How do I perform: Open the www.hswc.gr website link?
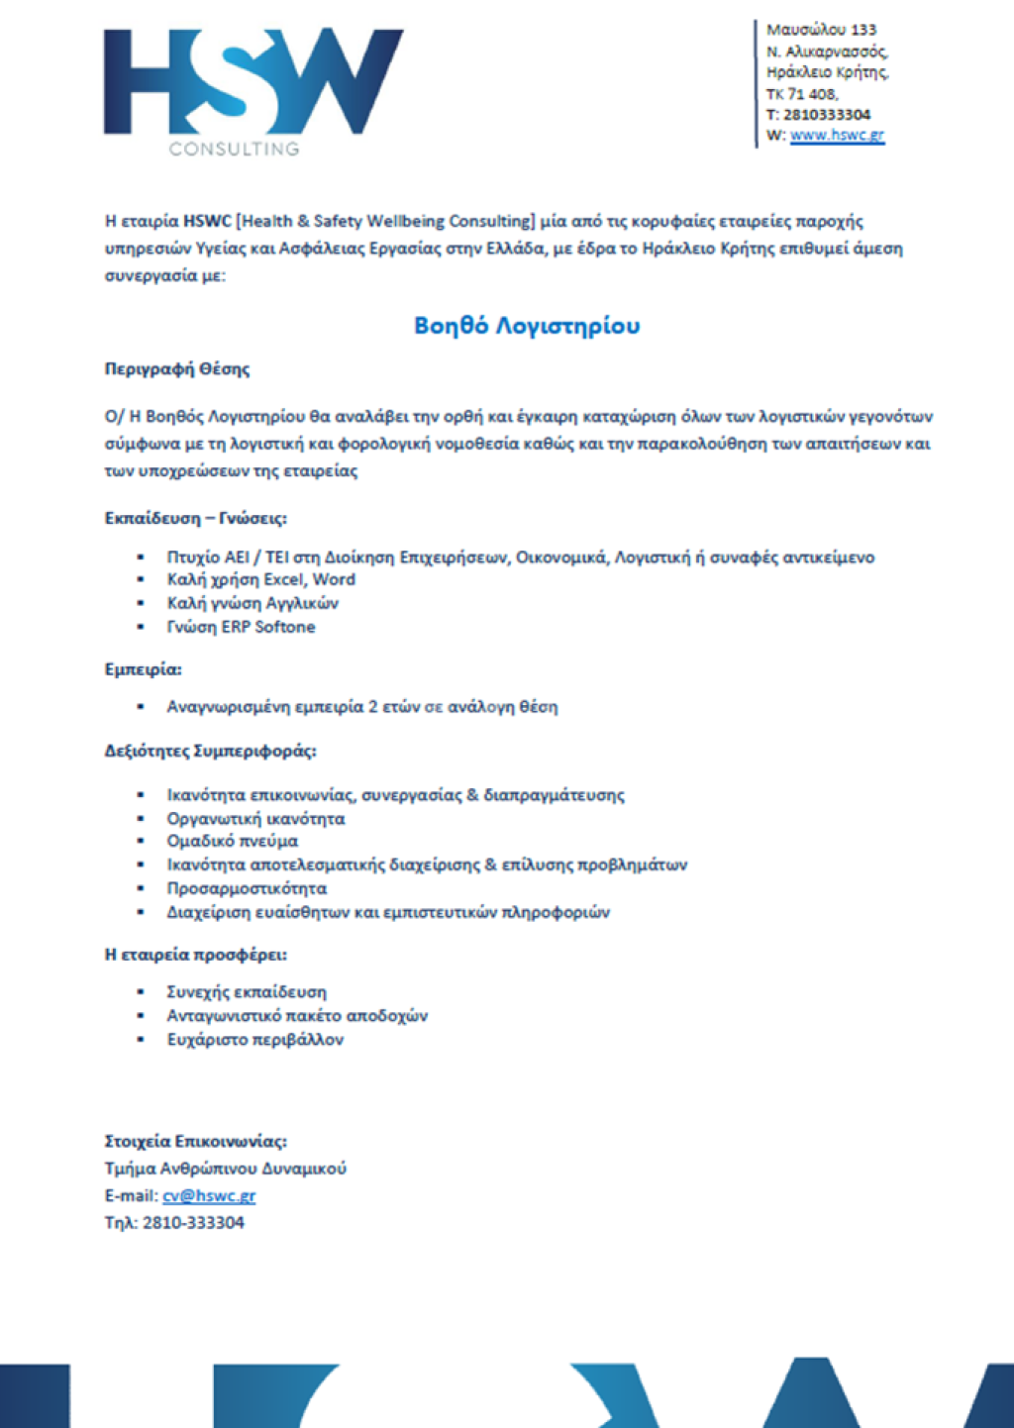coord(837,136)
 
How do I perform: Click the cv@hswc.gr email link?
coord(209,1195)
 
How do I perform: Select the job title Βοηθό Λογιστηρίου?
coord(527,326)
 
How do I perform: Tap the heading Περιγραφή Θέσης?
coord(177,369)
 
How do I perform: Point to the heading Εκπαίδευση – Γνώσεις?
coord(196,518)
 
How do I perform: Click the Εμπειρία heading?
coord(144,669)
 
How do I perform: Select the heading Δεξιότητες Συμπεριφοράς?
coord(211,751)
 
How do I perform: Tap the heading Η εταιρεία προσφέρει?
coord(196,955)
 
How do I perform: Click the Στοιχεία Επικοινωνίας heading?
coord(196,1141)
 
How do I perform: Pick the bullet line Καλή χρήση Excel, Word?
coord(260,579)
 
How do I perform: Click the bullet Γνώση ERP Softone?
coord(241,627)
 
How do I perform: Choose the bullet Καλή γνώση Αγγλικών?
coord(253,603)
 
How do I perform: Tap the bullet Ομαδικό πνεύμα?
coord(232,841)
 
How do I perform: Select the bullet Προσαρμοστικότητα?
coord(247,888)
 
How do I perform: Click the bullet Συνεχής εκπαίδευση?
coord(247,991)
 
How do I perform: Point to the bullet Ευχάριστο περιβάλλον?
coord(254,1039)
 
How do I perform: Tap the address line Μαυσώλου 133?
coord(821,30)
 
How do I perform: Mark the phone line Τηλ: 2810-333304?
coord(174,1223)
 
